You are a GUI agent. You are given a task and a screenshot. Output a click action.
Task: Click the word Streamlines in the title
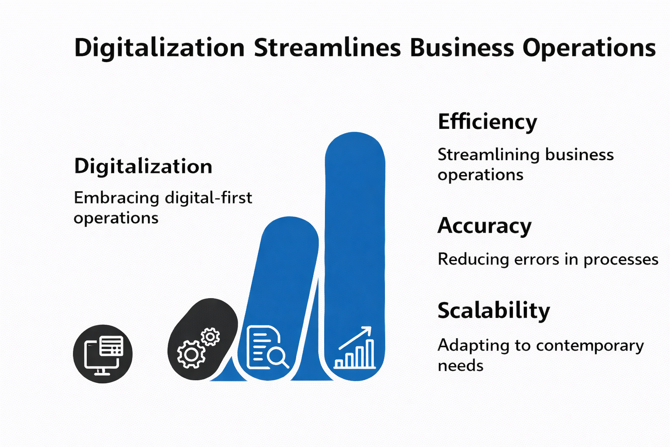tap(327, 48)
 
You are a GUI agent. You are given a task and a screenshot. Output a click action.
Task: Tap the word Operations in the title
tap(589, 48)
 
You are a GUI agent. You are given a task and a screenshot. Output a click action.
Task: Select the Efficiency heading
tap(487, 122)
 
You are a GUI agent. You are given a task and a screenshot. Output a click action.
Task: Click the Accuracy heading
tap(484, 226)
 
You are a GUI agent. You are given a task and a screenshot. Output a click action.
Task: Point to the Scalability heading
tap(493, 311)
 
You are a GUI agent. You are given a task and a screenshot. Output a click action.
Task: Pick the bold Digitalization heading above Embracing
tap(143, 166)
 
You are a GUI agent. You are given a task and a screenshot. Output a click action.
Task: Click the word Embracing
tap(116, 198)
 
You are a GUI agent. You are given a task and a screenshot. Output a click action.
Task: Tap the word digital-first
tap(209, 198)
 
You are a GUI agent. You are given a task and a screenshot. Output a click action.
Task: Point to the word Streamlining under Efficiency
tap(489, 155)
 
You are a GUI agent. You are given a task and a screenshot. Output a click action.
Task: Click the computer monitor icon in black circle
tap(103, 354)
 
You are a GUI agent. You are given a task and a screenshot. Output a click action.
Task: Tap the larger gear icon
tap(191, 354)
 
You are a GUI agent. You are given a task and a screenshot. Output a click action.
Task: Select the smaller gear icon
tap(211, 337)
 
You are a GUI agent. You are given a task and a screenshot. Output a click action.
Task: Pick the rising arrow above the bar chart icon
tap(356, 337)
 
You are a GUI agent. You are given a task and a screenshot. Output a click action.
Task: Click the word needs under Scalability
tap(460, 366)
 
